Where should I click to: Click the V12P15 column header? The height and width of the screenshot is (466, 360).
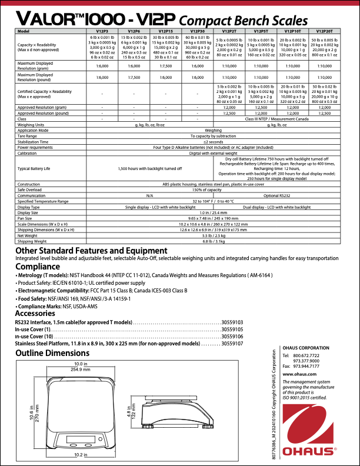point(165,30)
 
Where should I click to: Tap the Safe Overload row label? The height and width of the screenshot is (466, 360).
point(30,190)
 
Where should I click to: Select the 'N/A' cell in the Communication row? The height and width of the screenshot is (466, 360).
point(149,195)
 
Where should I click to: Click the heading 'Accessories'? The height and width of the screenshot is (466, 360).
point(39,313)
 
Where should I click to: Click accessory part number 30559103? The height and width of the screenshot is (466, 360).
point(232,323)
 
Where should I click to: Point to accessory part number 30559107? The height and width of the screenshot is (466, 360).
point(232,342)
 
